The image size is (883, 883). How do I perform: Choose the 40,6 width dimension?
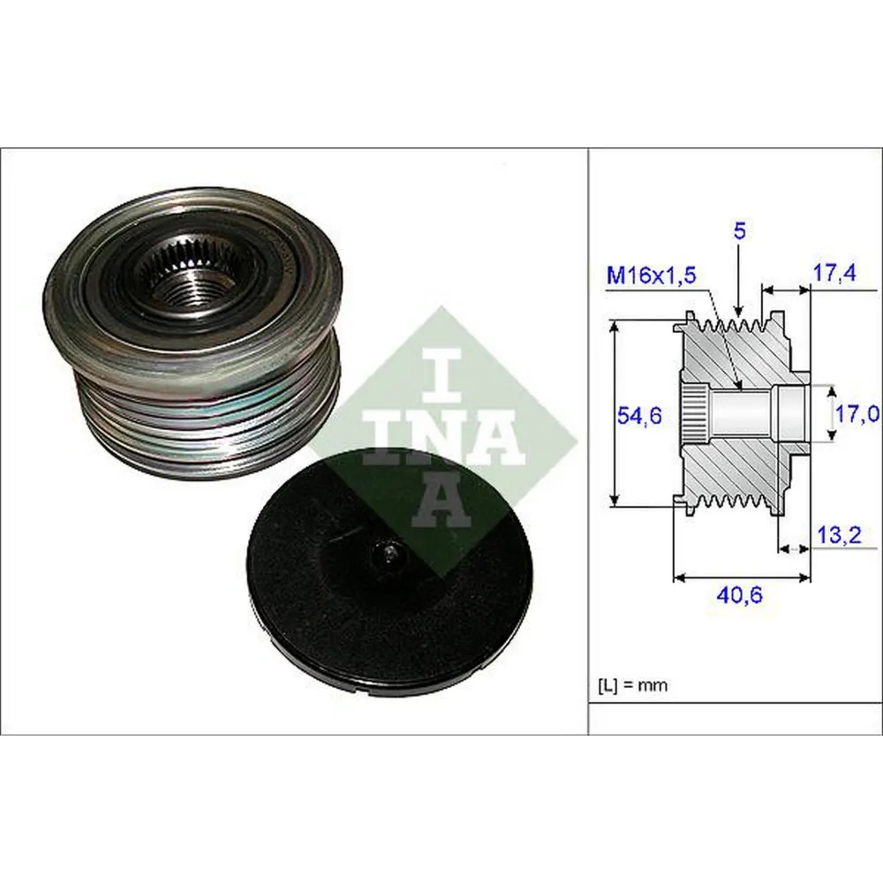pyautogui.click(x=739, y=595)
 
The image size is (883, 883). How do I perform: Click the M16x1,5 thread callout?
pyautogui.click(x=652, y=276)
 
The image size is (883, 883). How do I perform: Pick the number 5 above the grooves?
pyautogui.click(x=740, y=231)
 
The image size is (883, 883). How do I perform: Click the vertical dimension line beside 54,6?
pyautogui.click(x=615, y=414)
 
